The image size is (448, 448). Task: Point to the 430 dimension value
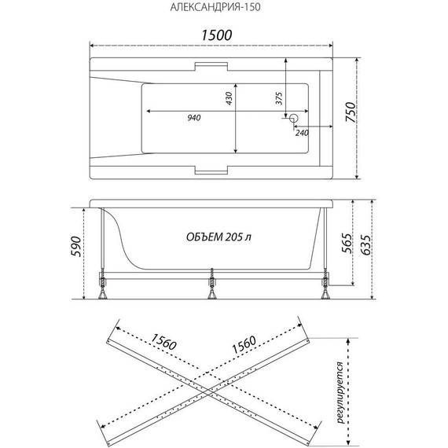pos(230,99)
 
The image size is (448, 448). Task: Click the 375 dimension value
pos(278,98)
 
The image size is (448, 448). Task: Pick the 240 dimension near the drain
pos(302,133)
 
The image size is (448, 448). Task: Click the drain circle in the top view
pos(293,119)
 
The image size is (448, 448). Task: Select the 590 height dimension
pos(75,251)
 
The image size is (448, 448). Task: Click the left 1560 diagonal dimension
pos(150,343)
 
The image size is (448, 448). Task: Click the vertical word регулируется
pos(338,393)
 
